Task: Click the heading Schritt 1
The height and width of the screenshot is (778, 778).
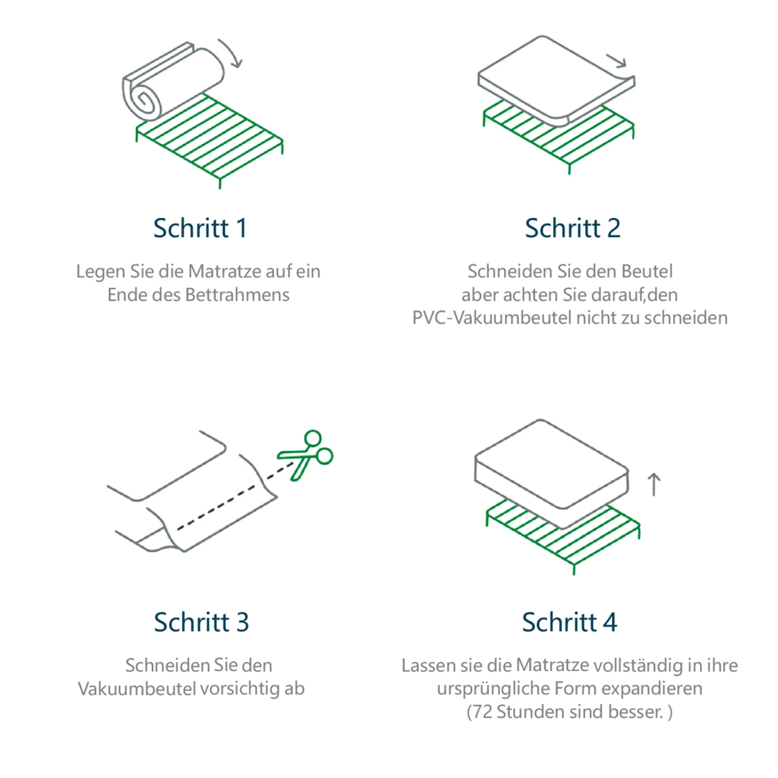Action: tap(200, 228)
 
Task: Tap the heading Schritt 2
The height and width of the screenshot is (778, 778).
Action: tap(572, 228)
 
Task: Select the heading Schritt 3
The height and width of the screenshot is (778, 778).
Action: tap(201, 622)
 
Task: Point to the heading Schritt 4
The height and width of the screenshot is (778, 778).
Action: tap(569, 622)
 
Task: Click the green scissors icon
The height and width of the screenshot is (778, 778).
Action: tap(306, 455)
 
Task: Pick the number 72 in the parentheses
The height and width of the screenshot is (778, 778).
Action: tap(482, 712)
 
